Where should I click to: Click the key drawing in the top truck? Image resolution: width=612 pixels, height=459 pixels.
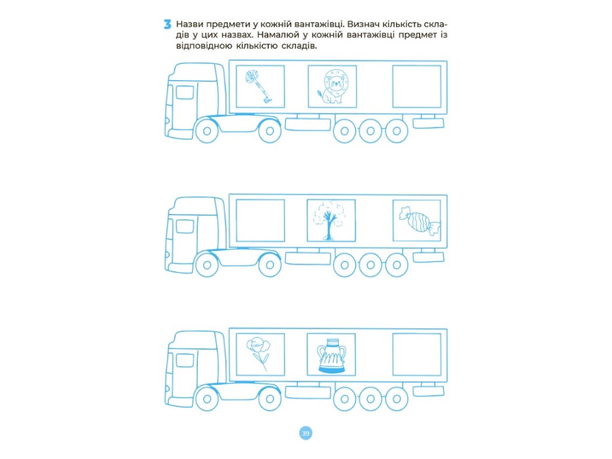coord(258,87)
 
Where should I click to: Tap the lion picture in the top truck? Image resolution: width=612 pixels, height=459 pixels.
coord(332,86)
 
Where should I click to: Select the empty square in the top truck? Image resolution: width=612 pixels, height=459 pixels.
coord(417,86)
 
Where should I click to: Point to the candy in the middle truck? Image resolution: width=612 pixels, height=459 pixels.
coord(419,222)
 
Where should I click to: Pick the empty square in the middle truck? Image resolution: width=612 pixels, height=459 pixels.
coord(261,221)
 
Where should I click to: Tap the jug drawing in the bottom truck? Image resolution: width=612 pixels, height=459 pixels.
coord(331,355)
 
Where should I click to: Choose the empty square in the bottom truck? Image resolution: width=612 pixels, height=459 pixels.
coord(417,354)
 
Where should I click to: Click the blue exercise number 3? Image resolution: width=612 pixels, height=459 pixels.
coord(167,25)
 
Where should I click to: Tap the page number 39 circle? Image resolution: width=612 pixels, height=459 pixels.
coord(305,433)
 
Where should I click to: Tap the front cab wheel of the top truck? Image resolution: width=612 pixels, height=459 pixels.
coord(207,131)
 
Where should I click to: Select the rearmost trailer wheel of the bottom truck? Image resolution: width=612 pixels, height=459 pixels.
coord(397,399)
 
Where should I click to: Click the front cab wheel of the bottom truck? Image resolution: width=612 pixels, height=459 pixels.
coord(207,399)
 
